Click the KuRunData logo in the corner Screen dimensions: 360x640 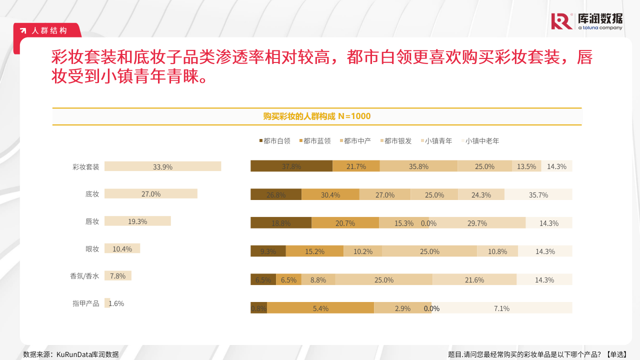coord(587,21)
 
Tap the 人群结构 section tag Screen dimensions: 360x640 coord(48,30)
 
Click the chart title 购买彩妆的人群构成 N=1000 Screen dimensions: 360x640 coord(317,116)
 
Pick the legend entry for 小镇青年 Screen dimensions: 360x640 coord(438,141)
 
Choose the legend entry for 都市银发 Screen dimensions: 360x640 coord(398,141)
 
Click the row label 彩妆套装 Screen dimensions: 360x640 coord(86,167)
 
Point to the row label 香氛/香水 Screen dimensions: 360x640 coord(84,276)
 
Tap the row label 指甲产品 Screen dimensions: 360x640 coord(86,303)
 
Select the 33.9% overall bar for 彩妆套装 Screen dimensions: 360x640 coord(162,166)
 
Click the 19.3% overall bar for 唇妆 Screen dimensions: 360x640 coord(137,221)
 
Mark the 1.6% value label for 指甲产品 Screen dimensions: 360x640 coord(116,303)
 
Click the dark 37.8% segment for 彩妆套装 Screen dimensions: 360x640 coord(291,166)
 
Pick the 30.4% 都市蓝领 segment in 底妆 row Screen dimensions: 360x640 coord(330,195)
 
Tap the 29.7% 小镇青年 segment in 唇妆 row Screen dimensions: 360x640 coord(477,223)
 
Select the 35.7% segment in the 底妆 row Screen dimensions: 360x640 coord(538,195)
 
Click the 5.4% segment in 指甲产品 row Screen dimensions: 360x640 coord(320,308)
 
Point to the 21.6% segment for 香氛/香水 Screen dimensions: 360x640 coord(474,280)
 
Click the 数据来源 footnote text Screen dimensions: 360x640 coord(71,354)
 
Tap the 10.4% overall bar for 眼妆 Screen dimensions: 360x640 coord(122,248)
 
